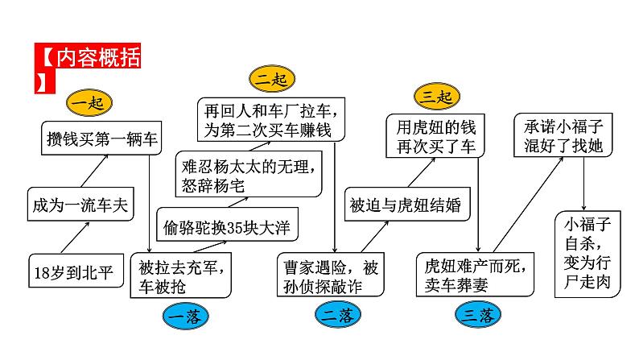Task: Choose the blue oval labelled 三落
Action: (476, 315)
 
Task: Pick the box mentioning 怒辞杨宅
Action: (245, 175)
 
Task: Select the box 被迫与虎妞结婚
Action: (406, 205)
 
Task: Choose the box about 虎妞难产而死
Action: (475, 274)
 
